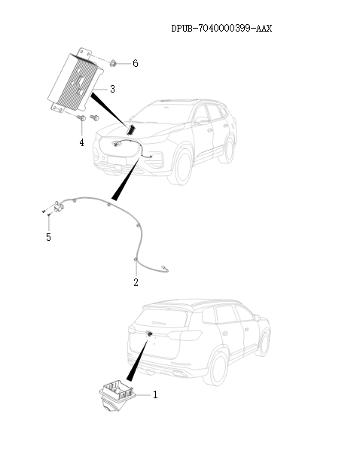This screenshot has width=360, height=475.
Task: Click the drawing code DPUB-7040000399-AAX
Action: (x=221, y=29)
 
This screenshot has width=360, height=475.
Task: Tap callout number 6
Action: (x=136, y=63)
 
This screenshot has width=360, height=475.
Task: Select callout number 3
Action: (x=112, y=89)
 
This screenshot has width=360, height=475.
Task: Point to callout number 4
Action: (x=81, y=142)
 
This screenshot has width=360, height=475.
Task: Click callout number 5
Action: (x=48, y=237)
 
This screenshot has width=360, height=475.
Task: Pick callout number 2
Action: (x=136, y=282)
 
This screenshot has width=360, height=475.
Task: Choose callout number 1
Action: (x=155, y=394)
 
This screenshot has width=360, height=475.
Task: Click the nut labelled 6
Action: (x=113, y=63)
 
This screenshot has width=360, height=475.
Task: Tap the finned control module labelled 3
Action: (x=75, y=81)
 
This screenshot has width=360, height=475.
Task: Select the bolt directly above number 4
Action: (x=81, y=118)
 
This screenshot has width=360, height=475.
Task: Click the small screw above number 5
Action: (x=48, y=215)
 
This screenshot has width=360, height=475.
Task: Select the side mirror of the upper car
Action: (x=201, y=120)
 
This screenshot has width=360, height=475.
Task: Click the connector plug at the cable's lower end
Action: (x=165, y=268)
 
